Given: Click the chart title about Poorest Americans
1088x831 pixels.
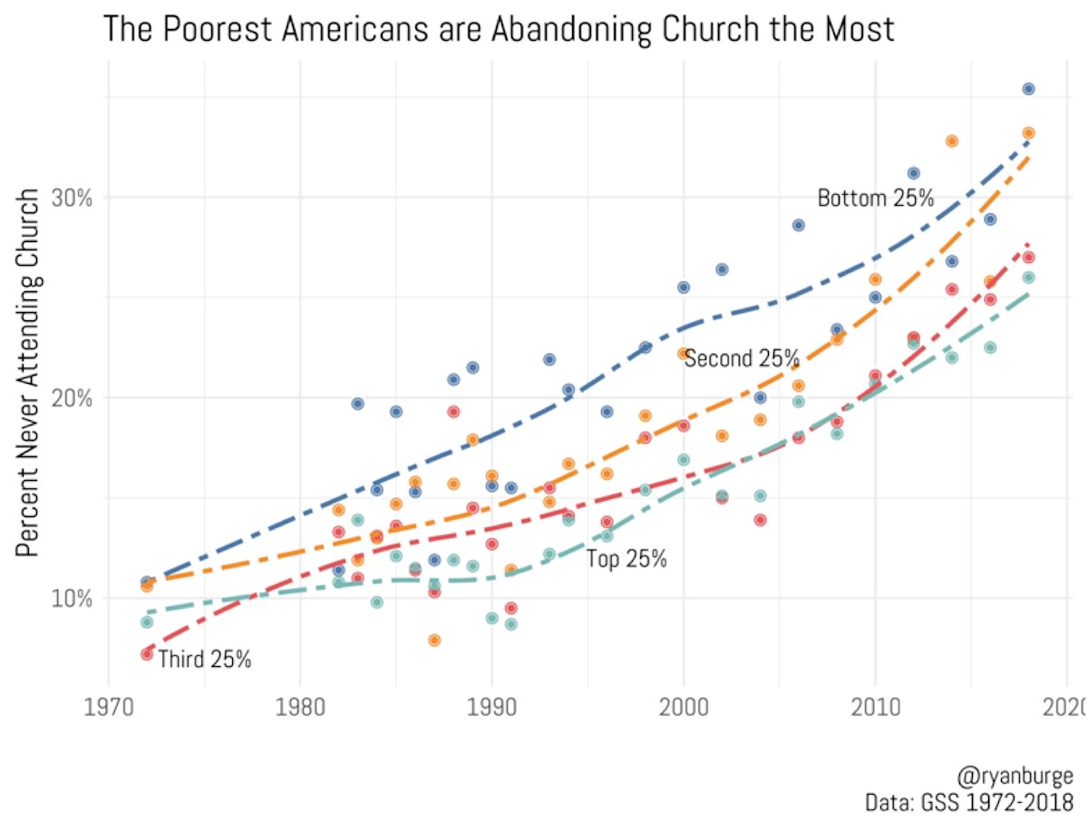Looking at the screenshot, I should coord(499,29).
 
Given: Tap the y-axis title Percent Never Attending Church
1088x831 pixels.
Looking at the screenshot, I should coord(29,372).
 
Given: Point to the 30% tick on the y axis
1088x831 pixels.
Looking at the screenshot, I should coord(71,199).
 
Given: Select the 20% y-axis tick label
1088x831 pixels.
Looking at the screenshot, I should coord(71,398).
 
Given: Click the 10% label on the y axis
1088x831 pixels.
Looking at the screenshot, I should coord(71,599).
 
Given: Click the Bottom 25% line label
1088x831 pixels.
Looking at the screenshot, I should coord(875,199).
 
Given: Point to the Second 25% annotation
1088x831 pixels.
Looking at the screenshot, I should coord(742,359).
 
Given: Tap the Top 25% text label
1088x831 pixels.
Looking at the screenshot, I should coord(627,560).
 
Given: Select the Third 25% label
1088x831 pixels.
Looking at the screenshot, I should coord(204,660).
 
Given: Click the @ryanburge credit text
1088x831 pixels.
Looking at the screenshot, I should coord(1015,777).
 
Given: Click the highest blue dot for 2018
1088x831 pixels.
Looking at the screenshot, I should coord(1028,89).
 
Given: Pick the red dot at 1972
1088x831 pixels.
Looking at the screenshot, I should coord(147,653).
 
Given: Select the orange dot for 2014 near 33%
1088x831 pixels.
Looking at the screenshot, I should coord(952,141).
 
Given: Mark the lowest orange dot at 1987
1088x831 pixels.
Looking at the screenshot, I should coord(434,640).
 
